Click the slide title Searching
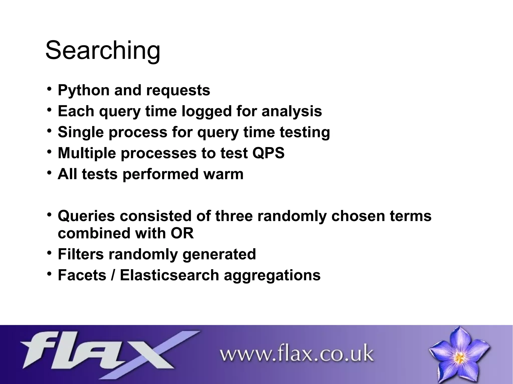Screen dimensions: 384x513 point(103,51)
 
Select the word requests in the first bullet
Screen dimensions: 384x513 point(178,90)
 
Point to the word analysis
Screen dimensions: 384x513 point(292,111)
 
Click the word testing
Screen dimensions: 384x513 point(305,132)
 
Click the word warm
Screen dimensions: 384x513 point(223,174)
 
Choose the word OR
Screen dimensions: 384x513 point(182,233)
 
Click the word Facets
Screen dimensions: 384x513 point(82,275)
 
